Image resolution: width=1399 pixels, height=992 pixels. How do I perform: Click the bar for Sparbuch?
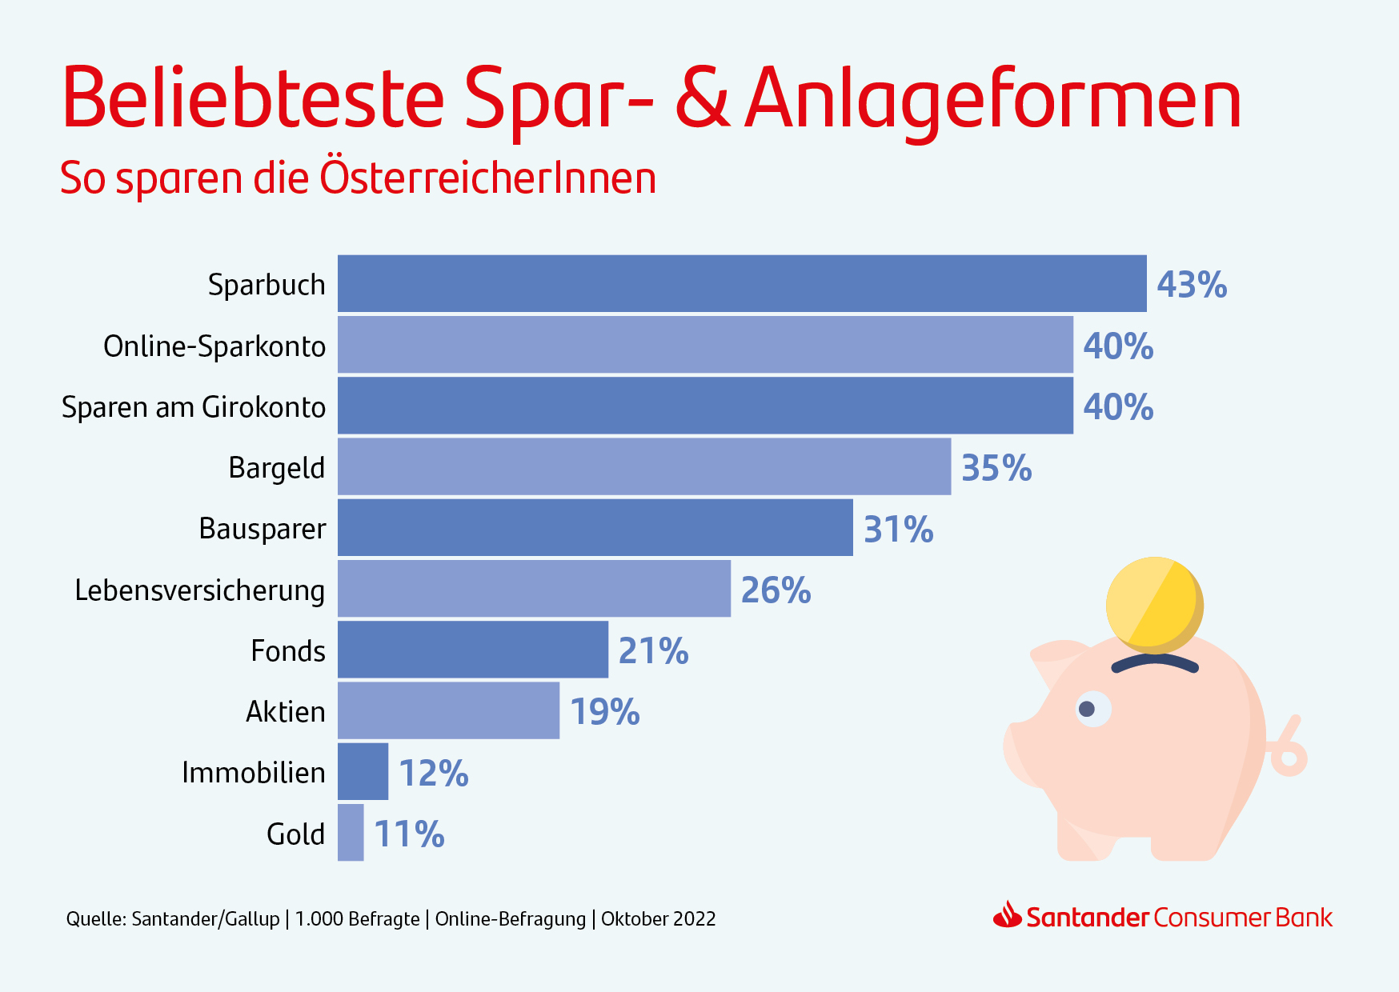point(742,283)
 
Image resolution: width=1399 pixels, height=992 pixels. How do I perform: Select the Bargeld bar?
point(644,466)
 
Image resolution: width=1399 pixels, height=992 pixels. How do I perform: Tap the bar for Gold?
point(351,833)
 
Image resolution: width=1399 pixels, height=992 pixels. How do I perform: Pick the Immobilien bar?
point(363,771)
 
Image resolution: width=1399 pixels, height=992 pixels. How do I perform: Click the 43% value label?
point(1192,285)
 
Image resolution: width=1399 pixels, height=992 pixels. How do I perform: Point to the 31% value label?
point(898,530)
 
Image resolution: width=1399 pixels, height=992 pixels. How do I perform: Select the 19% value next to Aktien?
point(604,712)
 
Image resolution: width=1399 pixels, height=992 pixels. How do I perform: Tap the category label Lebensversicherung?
point(199,590)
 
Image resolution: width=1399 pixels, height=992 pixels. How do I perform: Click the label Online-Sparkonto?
point(214,346)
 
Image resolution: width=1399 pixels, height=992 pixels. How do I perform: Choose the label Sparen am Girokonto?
point(194,407)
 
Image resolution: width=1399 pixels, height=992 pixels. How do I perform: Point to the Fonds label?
point(287,651)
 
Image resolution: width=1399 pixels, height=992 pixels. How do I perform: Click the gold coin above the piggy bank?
point(1153,604)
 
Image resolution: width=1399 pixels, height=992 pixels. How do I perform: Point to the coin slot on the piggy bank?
point(1155,662)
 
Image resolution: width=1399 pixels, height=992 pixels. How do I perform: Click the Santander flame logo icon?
point(1007,915)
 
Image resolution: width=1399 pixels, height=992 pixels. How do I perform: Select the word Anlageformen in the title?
point(992,100)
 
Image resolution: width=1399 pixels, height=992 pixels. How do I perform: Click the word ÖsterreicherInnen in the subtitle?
point(488,178)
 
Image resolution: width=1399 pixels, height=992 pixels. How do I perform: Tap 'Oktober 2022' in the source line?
point(658,919)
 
